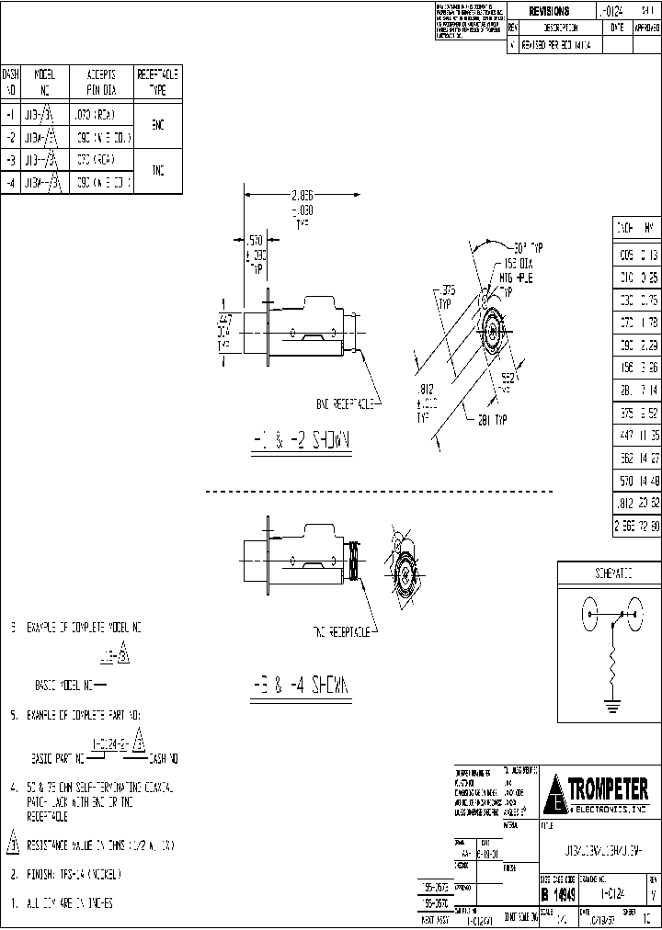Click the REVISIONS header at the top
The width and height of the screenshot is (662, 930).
[550, 11]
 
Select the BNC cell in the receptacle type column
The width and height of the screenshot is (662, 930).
[158, 126]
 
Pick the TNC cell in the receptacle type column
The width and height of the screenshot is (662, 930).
[158, 171]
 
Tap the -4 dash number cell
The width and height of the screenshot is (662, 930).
[10, 182]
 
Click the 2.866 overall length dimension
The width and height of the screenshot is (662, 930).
[276, 196]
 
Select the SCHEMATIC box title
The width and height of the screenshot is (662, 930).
[609, 573]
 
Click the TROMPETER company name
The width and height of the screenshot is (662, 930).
[608, 788]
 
